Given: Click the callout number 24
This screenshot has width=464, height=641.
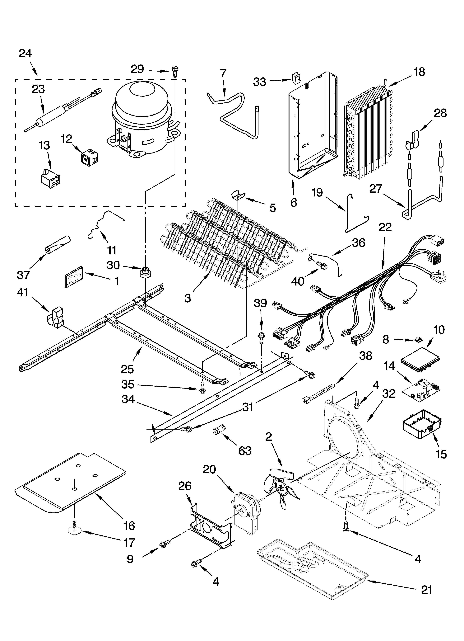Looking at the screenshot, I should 26,53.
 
